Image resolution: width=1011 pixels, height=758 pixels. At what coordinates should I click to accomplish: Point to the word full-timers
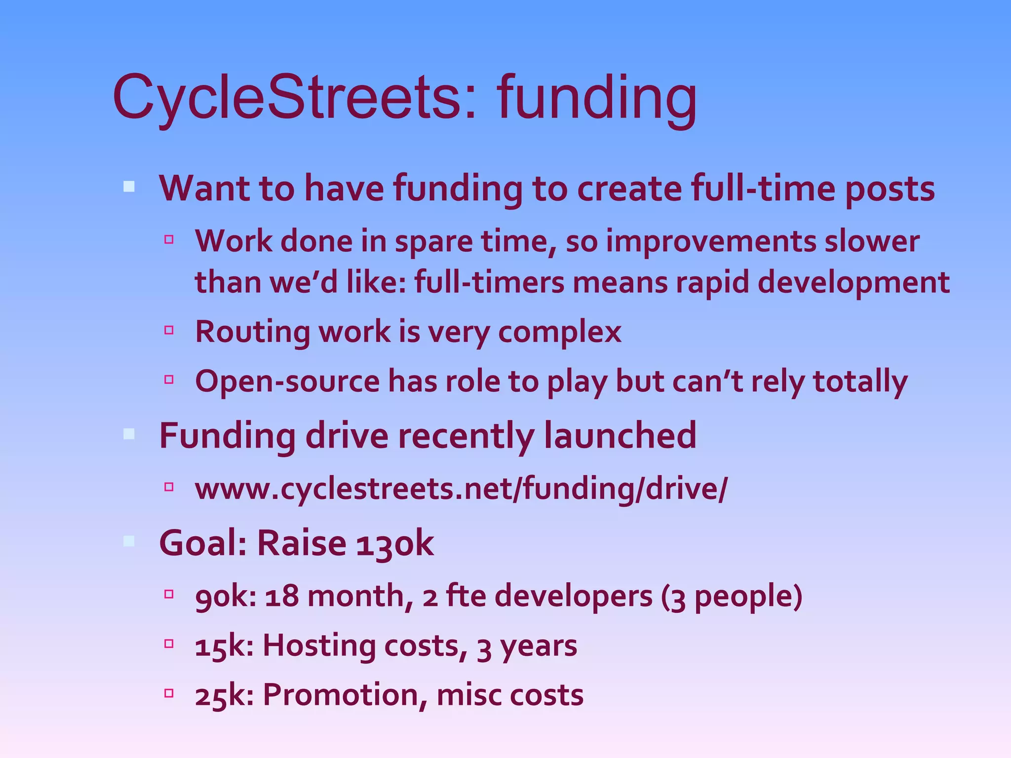click(489, 283)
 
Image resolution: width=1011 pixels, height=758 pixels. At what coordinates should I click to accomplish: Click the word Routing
click(252, 332)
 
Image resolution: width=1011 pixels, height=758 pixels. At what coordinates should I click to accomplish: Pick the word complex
click(559, 332)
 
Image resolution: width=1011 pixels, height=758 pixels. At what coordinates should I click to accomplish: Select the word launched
click(620, 436)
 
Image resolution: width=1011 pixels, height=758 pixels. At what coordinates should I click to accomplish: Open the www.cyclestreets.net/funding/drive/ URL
click(461, 489)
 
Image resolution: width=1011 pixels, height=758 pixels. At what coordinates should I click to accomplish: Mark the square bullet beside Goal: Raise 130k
click(129, 541)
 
